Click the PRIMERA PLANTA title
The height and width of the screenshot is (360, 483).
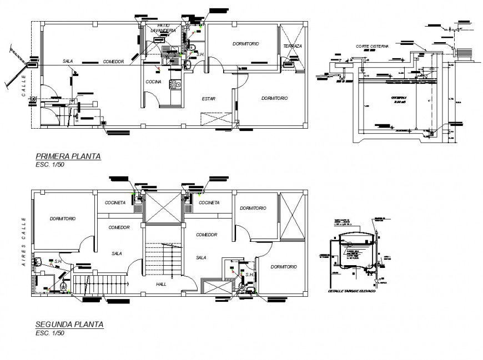(x=68, y=156)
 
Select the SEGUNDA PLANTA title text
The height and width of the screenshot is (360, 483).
(x=69, y=324)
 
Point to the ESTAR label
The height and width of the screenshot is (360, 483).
(x=209, y=99)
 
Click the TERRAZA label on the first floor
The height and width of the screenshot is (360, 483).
(x=292, y=46)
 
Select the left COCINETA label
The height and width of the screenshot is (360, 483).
(x=115, y=203)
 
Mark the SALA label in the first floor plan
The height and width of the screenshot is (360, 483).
(x=68, y=62)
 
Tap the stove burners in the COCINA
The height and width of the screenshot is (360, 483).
(x=175, y=85)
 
